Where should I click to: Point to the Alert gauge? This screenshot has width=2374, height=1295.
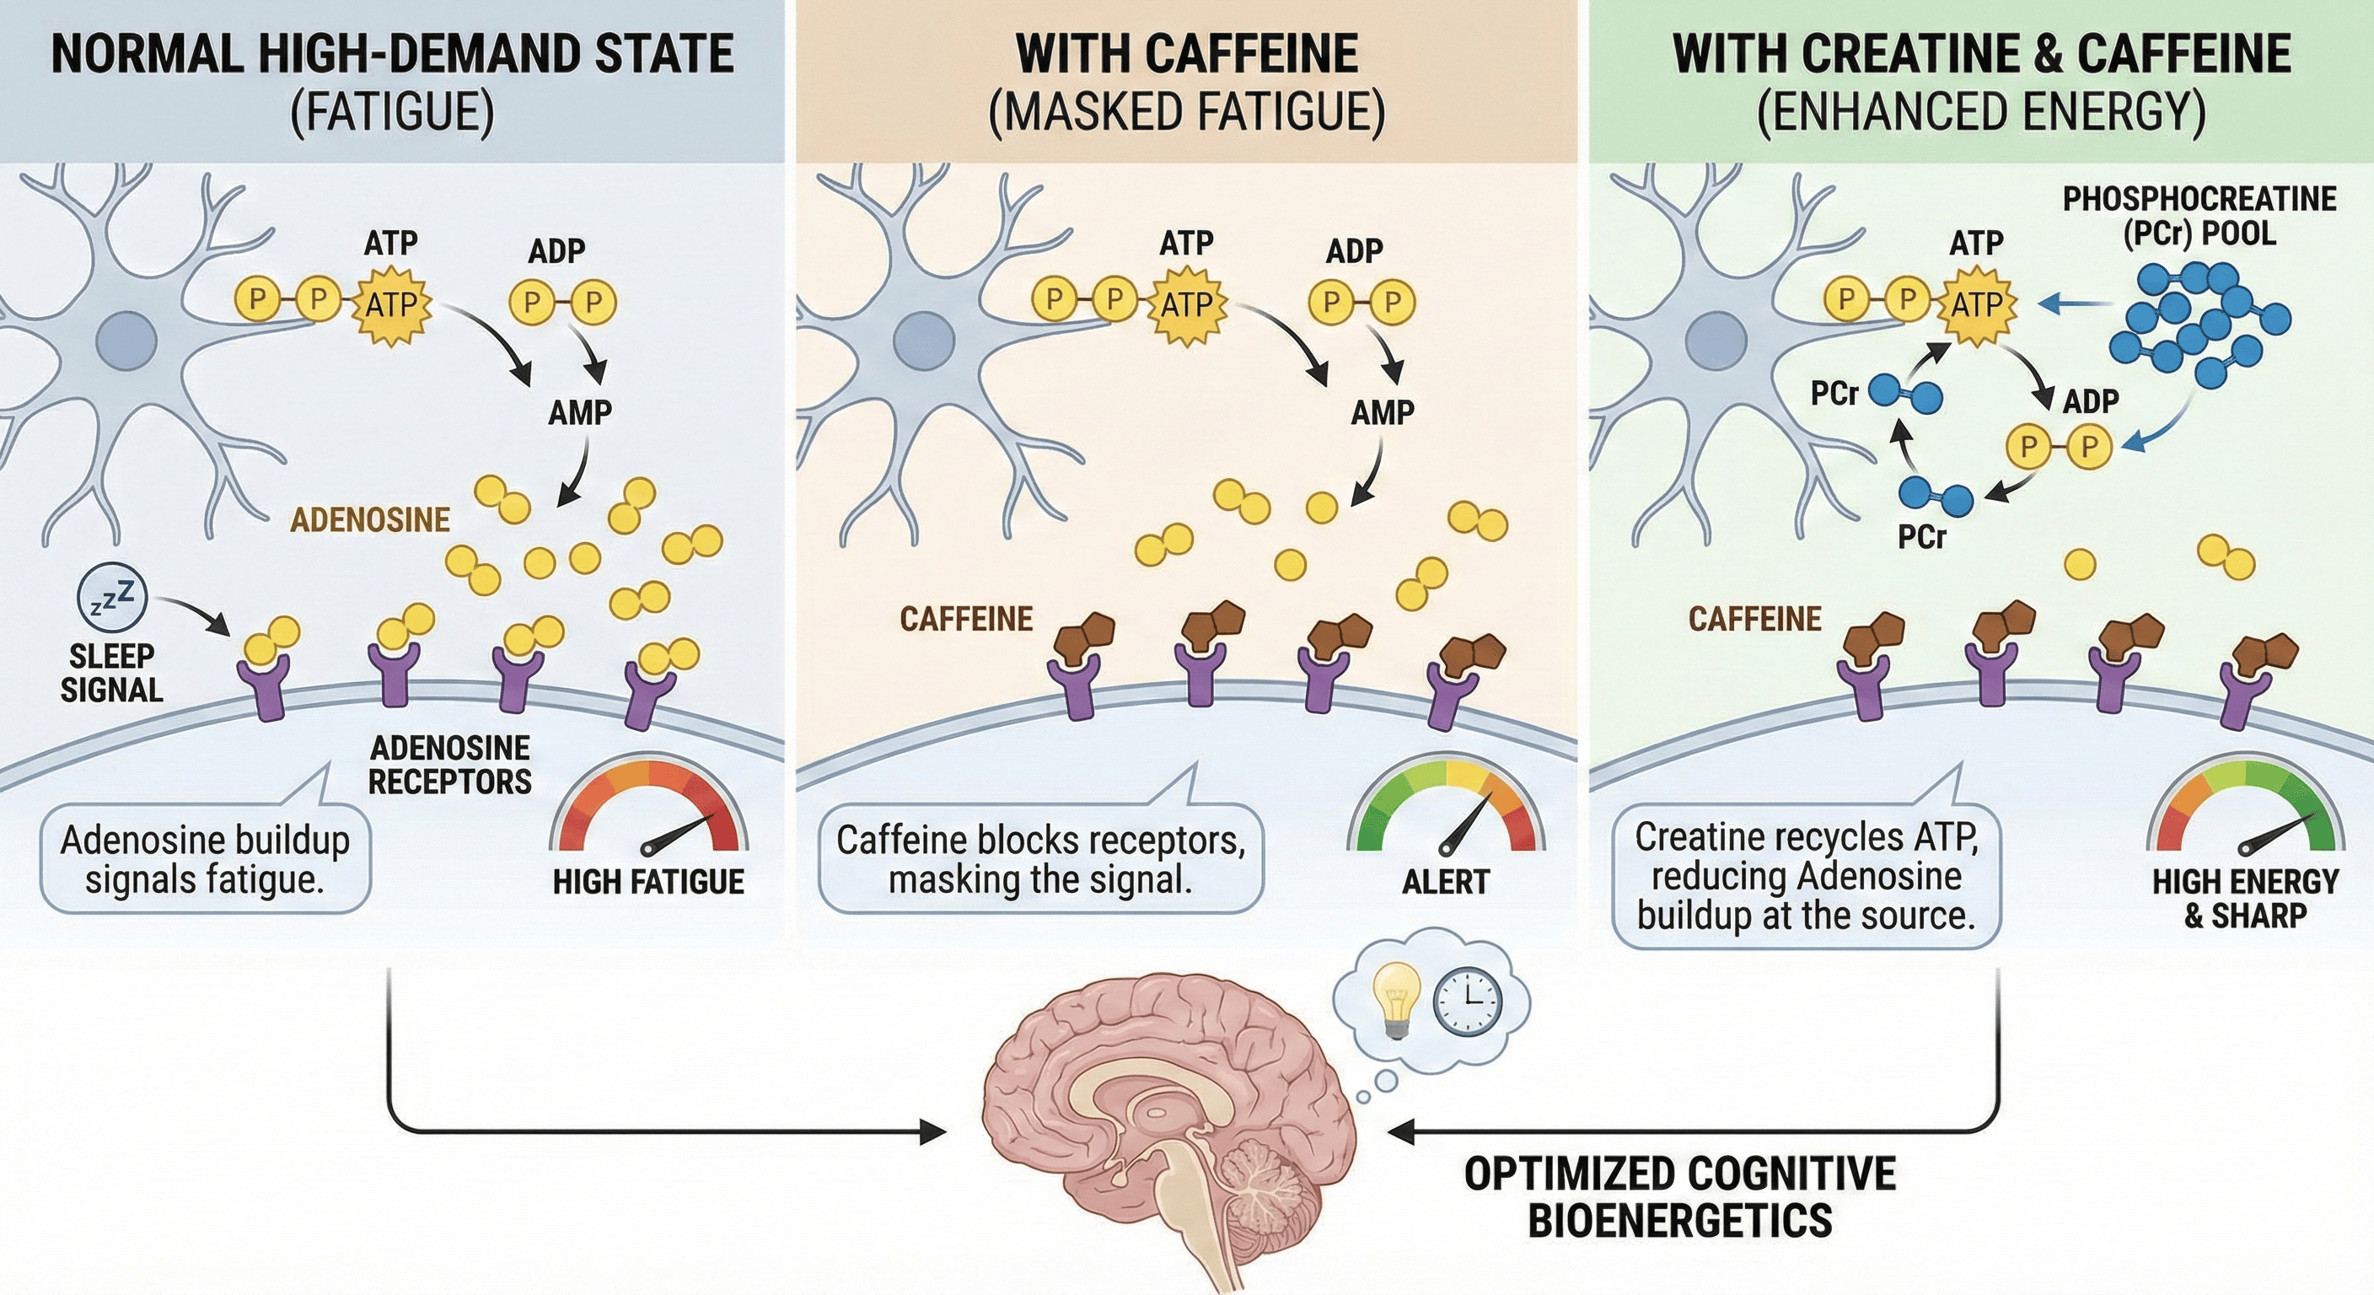(1446, 811)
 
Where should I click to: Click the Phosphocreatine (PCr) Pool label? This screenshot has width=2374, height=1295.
(2199, 216)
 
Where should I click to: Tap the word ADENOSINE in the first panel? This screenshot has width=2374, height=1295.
(370, 521)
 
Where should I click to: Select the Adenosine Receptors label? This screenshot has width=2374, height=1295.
(449, 764)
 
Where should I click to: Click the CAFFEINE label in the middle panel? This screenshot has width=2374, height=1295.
(966, 620)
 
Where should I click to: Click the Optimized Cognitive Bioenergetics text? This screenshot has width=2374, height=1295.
(1679, 1196)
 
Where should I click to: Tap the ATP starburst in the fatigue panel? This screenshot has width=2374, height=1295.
(392, 304)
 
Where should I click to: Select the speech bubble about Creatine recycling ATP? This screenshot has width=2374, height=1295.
(1806, 876)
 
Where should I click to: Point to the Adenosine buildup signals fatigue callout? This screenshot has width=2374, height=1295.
(205, 859)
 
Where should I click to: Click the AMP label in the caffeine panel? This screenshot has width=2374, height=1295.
(1382, 413)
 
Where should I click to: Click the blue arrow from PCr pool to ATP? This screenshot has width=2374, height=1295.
(2074, 304)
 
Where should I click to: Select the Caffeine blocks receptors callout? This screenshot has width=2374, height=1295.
(1039, 859)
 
